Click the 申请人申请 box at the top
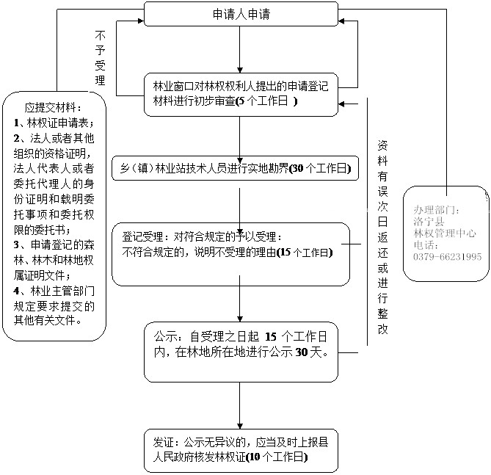[241, 14]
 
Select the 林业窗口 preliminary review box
[241, 95]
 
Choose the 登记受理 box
[230, 253]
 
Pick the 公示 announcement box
[241, 351]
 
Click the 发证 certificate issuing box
[241, 450]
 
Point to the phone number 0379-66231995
[447, 257]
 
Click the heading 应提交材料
[54, 106]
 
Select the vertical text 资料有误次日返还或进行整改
[382, 235]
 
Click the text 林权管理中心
[445, 233]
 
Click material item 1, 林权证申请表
[59, 121]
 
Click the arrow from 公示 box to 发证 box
[241, 404]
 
